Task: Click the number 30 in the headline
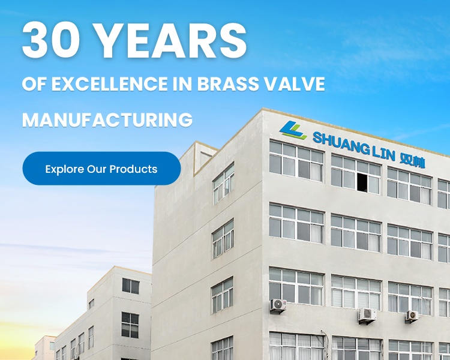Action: click(x=51, y=40)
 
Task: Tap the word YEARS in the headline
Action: click(x=170, y=40)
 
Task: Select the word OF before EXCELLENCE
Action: click(x=34, y=84)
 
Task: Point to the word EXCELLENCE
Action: click(x=109, y=84)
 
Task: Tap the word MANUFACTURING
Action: click(x=107, y=120)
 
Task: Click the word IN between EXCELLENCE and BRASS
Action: click(x=182, y=84)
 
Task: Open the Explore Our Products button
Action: click(x=101, y=169)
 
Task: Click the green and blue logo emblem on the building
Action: click(x=293, y=130)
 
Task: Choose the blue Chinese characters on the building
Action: click(x=412, y=161)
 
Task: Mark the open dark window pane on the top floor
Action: click(x=362, y=182)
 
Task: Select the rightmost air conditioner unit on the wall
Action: click(x=412, y=316)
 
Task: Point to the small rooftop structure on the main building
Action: click(x=206, y=157)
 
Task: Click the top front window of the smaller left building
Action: click(x=131, y=286)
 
